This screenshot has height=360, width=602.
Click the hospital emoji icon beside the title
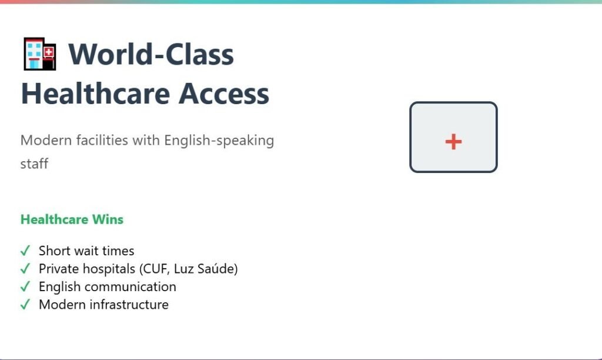click(x=40, y=54)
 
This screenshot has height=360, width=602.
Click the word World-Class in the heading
click(x=151, y=54)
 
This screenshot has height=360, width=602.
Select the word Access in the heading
click(x=224, y=94)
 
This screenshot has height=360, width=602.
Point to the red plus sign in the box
click(x=453, y=142)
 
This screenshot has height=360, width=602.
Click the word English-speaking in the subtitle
click(x=219, y=141)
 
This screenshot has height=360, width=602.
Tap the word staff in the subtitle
click(x=34, y=164)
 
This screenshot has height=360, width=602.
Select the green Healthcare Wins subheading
click(x=72, y=219)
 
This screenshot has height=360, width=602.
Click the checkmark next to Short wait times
click(x=25, y=251)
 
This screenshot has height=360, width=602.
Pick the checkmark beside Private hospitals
click(x=25, y=269)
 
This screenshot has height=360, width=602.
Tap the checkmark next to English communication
click(x=25, y=286)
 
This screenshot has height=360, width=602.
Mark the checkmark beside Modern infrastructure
click(x=25, y=305)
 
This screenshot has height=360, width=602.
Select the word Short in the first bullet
click(x=54, y=251)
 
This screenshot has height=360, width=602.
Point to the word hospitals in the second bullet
click(x=109, y=269)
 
